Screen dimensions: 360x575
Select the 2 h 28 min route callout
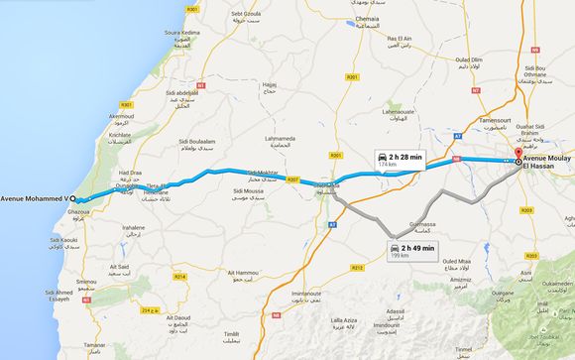click(x=401, y=162)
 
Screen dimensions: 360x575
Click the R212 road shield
click(x=358, y=267)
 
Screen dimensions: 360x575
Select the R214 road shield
click(x=179, y=276)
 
